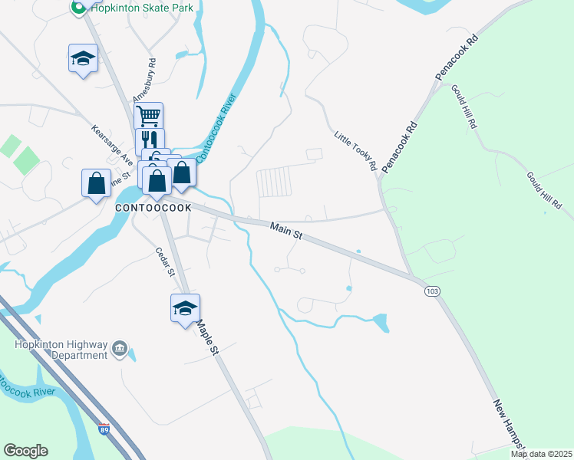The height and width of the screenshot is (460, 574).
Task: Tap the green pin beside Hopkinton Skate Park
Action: [78, 8]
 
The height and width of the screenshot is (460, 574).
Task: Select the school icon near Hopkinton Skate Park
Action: [83, 58]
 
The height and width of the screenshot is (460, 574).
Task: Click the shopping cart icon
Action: [148, 117]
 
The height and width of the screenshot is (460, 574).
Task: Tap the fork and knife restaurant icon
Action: [150, 140]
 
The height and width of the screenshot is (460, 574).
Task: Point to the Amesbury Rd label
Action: [145, 80]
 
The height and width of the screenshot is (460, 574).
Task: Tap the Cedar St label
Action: [167, 263]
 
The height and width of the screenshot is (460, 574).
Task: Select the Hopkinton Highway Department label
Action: [61, 350]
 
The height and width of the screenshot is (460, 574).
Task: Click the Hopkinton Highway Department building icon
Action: [120, 350]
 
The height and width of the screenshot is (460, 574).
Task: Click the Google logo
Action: [26, 451]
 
